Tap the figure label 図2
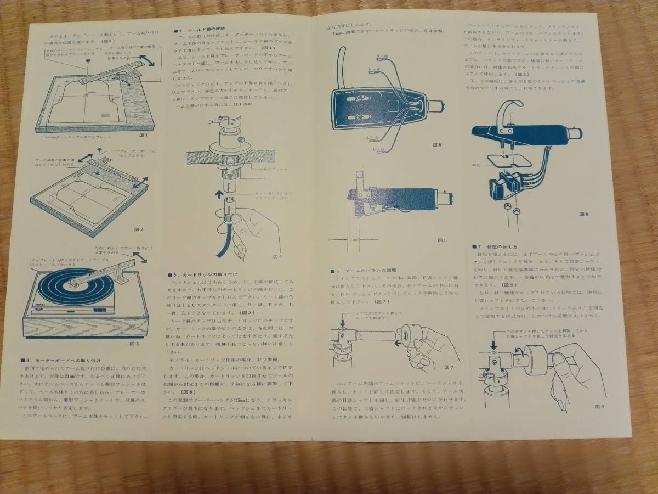(139, 229)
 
